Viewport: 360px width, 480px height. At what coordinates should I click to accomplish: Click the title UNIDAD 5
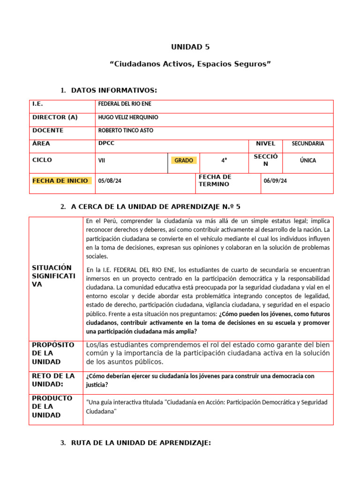pyautogui.click(x=190, y=47)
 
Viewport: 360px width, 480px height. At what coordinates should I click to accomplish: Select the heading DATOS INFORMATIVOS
pyautogui.click(x=114, y=90)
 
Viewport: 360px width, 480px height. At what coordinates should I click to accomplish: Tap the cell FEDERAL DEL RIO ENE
pyautogui.click(x=124, y=104)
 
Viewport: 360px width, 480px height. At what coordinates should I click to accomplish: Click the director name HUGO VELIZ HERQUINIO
pyautogui.click(x=128, y=117)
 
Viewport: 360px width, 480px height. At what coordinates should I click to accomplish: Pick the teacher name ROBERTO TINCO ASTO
pyautogui.click(x=125, y=130)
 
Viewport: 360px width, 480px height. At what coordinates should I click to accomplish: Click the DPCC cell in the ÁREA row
pyautogui.click(x=106, y=144)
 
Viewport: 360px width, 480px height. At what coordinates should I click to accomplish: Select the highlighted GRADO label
pyautogui.click(x=184, y=160)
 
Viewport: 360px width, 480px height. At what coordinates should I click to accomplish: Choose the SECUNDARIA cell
pyautogui.click(x=307, y=144)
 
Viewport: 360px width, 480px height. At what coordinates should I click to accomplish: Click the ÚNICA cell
pyautogui.click(x=308, y=160)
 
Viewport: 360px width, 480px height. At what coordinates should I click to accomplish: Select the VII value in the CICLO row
pyautogui.click(x=101, y=160)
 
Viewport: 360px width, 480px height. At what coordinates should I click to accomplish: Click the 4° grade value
pyautogui.click(x=224, y=160)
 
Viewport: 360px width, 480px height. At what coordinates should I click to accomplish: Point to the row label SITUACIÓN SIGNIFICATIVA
pyautogui.click(x=53, y=276)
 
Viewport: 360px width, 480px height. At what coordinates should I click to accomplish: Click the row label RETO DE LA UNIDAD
pyautogui.click(x=53, y=380)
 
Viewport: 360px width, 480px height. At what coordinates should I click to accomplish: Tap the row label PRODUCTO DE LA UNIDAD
pyautogui.click(x=52, y=406)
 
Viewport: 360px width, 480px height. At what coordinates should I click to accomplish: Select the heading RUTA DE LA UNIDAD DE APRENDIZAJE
pyautogui.click(x=141, y=443)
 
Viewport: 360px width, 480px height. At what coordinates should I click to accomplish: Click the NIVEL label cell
pyautogui.click(x=265, y=144)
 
